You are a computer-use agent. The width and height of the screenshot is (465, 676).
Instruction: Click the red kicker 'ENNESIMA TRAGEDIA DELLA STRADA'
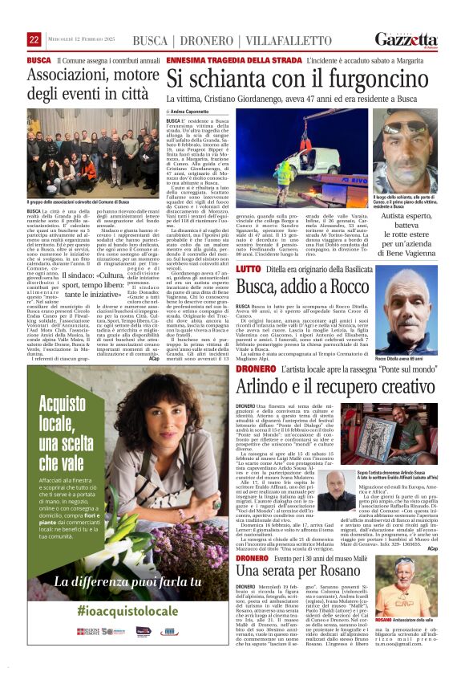coord(217,60)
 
